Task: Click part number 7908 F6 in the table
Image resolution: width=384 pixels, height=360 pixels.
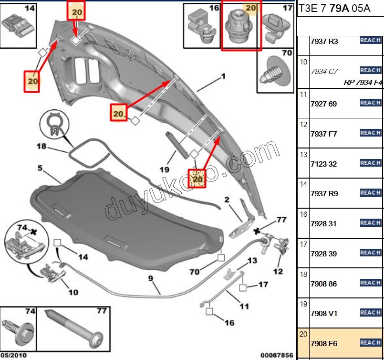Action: [x=323, y=344]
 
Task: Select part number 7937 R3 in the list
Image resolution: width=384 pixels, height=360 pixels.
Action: [x=323, y=42]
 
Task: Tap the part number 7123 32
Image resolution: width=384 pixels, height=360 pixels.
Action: [x=323, y=164]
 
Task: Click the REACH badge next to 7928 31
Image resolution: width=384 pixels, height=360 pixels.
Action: [x=370, y=223]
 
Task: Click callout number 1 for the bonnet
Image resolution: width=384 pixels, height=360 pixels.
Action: [x=222, y=76]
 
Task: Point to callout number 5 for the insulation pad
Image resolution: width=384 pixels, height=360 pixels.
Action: [x=41, y=168]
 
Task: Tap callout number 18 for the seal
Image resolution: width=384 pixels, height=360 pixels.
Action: [x=42, y=146]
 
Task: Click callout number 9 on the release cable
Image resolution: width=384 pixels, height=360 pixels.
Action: [x=150, y=277]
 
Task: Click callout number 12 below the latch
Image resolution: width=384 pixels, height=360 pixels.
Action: [x=278, y=272]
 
